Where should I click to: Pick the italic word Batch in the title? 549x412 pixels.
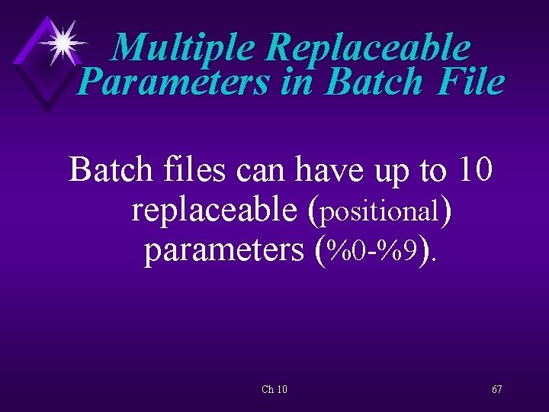click(374, 82)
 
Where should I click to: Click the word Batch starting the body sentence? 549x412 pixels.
click(113, 170)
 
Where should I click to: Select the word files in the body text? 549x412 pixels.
click(196, 170)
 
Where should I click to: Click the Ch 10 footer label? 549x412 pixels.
click(274, 389)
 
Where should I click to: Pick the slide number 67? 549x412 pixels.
click(496, 389)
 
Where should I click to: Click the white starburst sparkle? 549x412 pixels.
click(63, 43)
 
